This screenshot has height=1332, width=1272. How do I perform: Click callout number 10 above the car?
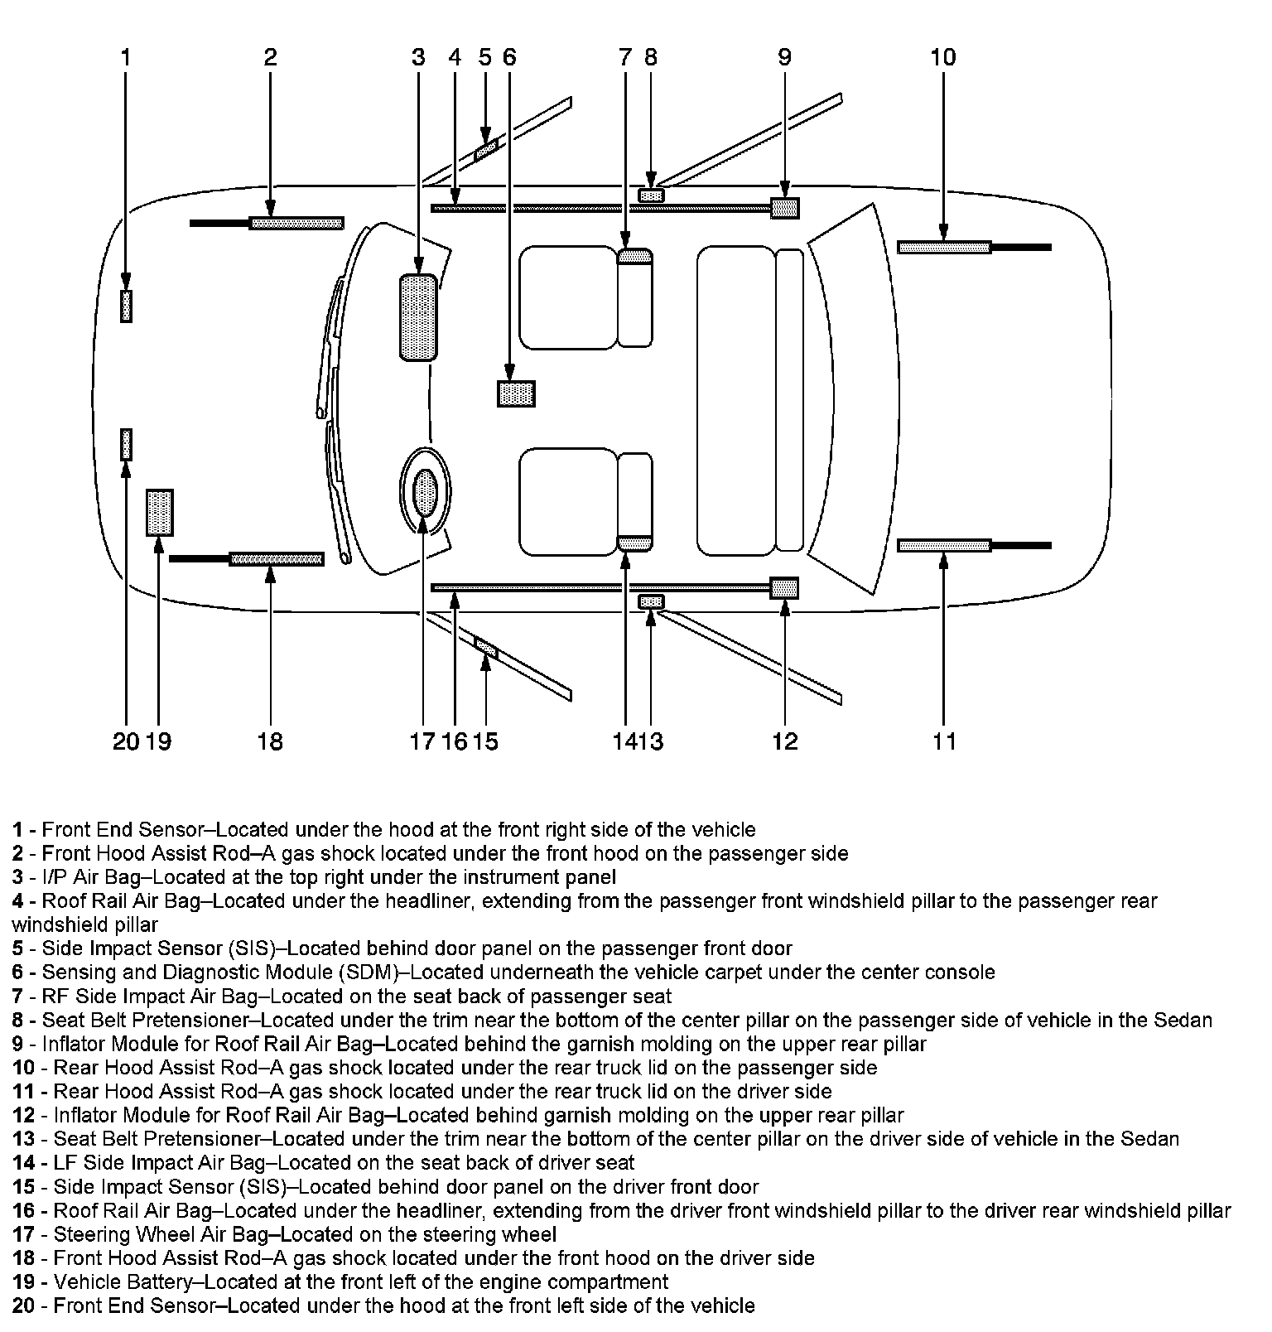943,57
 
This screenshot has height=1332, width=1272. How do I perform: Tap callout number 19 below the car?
158,741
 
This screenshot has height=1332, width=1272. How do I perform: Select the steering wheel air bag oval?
425,491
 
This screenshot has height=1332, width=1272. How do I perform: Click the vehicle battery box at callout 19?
159,513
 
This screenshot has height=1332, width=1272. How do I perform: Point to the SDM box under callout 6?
516,393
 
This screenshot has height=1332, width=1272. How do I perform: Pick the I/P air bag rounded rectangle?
418,317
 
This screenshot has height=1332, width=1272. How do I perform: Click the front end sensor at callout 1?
126,306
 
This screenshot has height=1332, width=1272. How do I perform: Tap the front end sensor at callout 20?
126,444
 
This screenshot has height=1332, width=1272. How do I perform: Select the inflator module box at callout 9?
784,208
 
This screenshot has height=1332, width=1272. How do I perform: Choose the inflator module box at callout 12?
784,588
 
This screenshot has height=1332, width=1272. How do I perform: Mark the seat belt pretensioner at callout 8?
652,195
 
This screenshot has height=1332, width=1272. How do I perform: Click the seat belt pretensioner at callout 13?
652,601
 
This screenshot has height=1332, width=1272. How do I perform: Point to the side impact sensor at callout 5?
486,150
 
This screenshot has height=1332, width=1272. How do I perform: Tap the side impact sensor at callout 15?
486,646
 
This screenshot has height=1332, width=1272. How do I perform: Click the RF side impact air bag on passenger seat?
635,256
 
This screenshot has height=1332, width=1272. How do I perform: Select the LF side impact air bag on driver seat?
635,543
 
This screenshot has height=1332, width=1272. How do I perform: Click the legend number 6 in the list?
17,972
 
